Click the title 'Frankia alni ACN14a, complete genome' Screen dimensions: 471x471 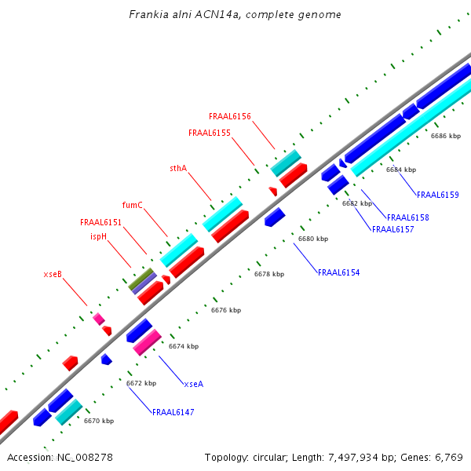pos(235,15)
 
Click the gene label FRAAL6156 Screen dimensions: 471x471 pos(230,117)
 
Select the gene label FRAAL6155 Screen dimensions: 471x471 pos(210,133)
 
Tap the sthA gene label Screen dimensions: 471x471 pos(178,168)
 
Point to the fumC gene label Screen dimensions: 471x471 pos(133,206)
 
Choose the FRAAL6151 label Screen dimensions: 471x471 pos(100,223)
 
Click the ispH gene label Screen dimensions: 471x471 pos(98,236)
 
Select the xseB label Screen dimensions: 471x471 pos(53,275)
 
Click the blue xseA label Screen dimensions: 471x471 pos(193,384)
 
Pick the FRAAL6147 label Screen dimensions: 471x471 pos(173,412)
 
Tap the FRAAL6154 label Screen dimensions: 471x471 pos(338,272)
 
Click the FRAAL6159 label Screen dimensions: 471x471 pos(437,195)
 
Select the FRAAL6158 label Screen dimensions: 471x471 pos(407,217)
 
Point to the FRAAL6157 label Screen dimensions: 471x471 pos(392,229)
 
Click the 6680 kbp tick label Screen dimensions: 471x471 pos(312,239)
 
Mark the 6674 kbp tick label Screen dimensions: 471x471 pos(184,346)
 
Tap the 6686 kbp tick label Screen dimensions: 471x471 pos(445,136)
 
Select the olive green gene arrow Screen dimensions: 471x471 pos(141,279)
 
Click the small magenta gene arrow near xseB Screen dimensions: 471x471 pos(99,319)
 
